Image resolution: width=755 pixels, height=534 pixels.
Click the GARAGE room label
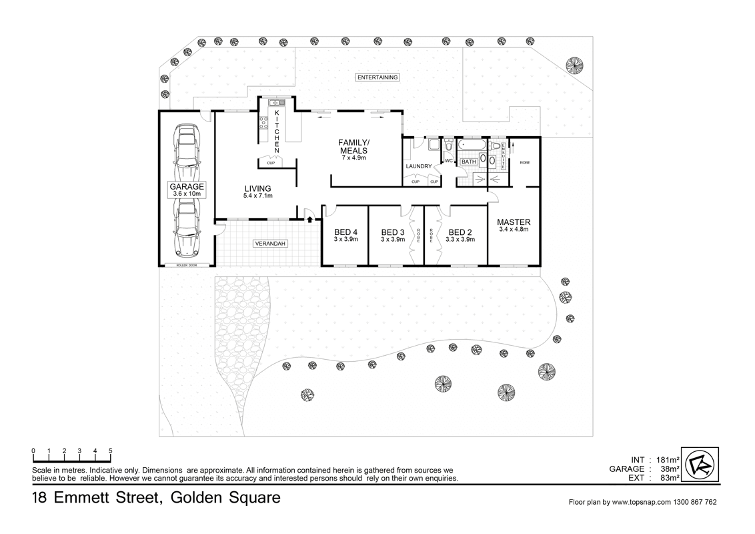[x=186, y=186]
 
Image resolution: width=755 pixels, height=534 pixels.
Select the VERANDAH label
[x=270, y=244]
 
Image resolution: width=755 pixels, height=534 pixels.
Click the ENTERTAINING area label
[x=377, y=77]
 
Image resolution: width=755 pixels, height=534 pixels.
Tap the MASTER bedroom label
[x=514, y=222]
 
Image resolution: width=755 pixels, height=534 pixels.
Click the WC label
[x=448, y=161]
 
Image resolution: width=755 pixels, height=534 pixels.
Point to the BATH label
[x=469, y=162]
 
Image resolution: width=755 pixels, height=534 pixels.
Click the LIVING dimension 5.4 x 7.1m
[x=258, y=196]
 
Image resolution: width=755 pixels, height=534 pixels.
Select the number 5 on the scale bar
[x=110, y=451]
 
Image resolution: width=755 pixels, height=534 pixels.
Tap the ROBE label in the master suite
[x=525, y=162]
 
